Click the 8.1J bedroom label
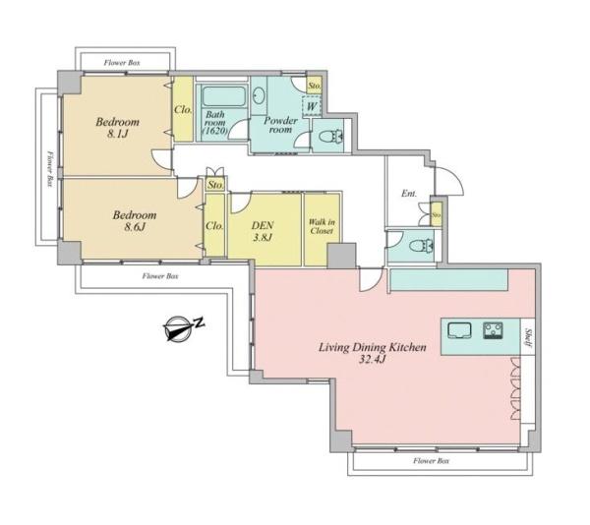(117, 128)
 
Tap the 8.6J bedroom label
(135, 221)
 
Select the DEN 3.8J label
(263, 231)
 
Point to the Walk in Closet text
(322, 226)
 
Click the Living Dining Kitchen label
(373, 353)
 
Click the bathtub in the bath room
(223, 96)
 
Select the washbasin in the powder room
(258, 96)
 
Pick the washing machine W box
(311, 106)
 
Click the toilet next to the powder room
(331, 136)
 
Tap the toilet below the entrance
(422, 247)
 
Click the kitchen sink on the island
(459, 331)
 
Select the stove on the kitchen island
(493, 331)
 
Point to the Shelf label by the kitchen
(527, 337)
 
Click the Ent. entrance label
(409, 194)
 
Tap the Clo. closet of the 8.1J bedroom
(183, 110)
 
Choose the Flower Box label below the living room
(432, 461)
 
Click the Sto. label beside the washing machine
(315, 86)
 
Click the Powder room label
(280, 125)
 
